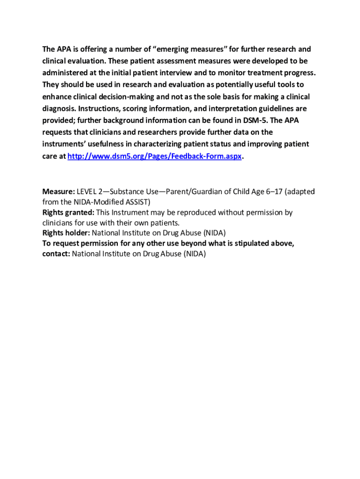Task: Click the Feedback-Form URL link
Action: click(x=155, y=156)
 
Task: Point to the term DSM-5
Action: click(x=255, y=121)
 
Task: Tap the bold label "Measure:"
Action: click(x=58, y=192)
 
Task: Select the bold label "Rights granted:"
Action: click(x=68, y=212)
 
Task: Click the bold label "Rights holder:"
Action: click(x=66, y=233)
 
